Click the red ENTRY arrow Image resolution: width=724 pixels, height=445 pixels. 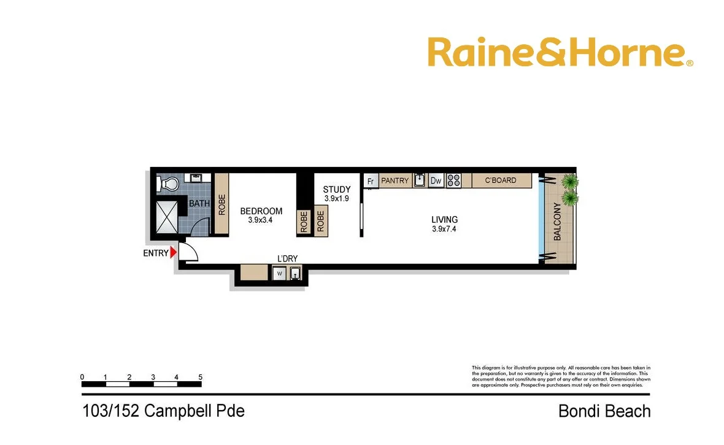pyautogui.click(x=174, y=252)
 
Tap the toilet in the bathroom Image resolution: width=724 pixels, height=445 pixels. pyautogui.click(x=168, y=184)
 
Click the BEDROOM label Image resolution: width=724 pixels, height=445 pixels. pyautogui.click(x=261, y=211)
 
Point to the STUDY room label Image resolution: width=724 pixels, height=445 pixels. pyautogui.click(x=337, y=190)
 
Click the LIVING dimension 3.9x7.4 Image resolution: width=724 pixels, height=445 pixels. pyautogui.click(x=444, y=229)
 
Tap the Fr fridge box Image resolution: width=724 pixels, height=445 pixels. pyautogui.click(x=371, y=181)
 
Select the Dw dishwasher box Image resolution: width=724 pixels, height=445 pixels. pyautogui.click(x=436, y=180)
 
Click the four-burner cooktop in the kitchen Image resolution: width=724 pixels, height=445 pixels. pyautogui.click(x=453, y=180)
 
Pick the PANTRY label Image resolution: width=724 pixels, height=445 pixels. pyautogui.click(x=395, y=180)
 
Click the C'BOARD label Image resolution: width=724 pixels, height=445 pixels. pyautogui.click(x=501, y=180)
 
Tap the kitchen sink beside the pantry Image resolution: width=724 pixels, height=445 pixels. pyautogui.click(x=420, y=180)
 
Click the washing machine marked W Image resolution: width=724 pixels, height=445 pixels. pyautogui.click(x=279, y=273)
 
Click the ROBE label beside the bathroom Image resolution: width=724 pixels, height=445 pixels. pyautogui.click(x=221, y=204)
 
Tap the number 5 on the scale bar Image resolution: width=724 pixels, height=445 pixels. pyautogui.click(x=200, y=377)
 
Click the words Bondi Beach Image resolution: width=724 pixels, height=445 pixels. pyautogui.click(x=604, y=411)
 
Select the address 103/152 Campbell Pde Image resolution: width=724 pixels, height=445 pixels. pyautogui.click(x=163, y=411)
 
